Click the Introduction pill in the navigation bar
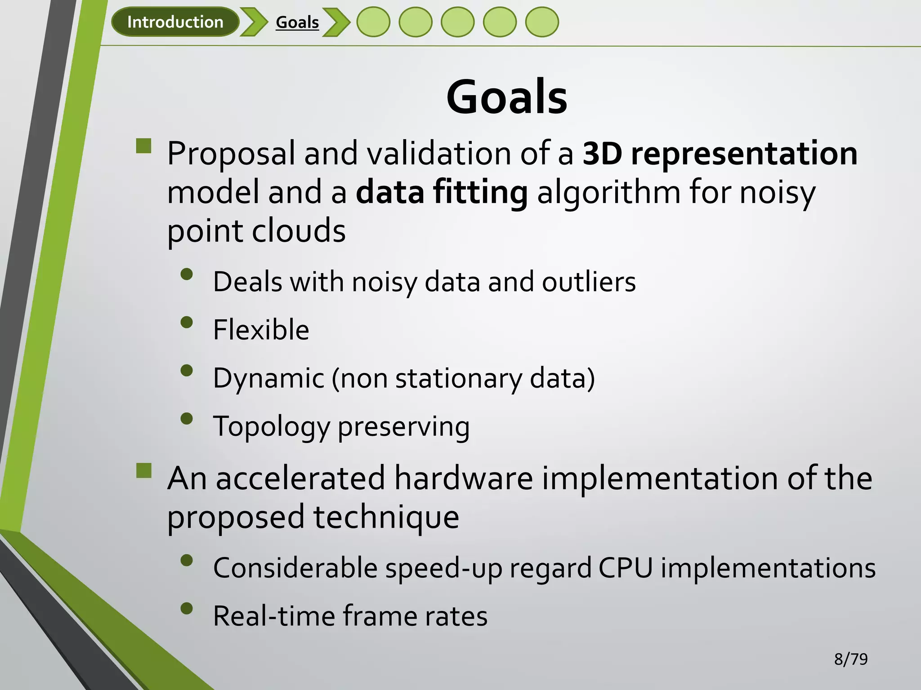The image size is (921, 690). (x=175, y=22)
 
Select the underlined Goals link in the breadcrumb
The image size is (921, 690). (x=297, y=22)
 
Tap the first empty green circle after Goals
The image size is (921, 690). (x=373, y=22)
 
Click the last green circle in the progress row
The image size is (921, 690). (x=542, y=22)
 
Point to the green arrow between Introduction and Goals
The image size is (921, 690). (x=254, y=22)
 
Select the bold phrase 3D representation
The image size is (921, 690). (x=720, y=154)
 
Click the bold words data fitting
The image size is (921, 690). (x=442, y=192)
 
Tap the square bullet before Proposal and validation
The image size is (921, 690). (x=144, y=146)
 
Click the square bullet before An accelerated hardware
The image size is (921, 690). (x=144, y=471)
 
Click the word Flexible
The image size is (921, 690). (x=261, y=330)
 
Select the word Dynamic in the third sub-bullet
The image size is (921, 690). (x=268, y=378)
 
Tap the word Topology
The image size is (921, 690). (x=272, y=427)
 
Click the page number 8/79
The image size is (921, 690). (x=850, y=659)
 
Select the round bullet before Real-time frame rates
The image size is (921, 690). (x=187, y=609)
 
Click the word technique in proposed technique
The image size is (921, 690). (x=386, y=517)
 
